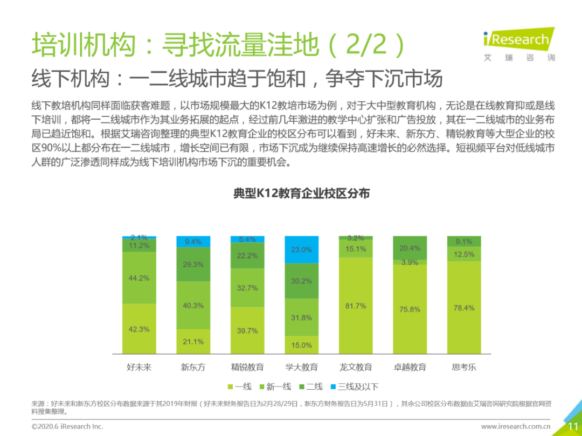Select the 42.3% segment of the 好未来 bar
(139, 329)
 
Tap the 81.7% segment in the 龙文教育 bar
(356, 306)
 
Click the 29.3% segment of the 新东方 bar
(193, 264)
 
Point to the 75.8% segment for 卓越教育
(410, 309)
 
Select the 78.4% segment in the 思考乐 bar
(463, 308)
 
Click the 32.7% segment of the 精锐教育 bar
(247, 288)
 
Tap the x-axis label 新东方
(193, 368)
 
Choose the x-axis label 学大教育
(301, 368)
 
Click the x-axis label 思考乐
(463, 368)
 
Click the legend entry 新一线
(275, 386)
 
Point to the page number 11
(572, 427)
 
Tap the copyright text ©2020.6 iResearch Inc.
(67, 426)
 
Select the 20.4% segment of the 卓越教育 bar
(410, 248)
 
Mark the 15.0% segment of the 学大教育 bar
(301, 345)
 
